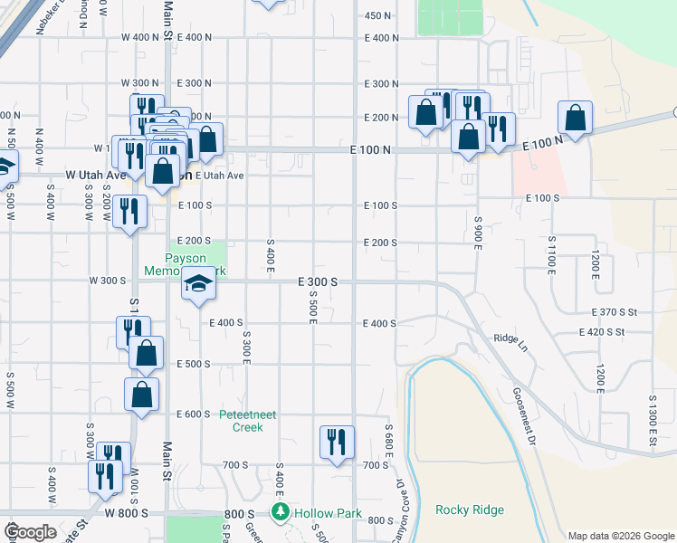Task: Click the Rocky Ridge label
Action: point(469,510)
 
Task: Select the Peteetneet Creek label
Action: point(241,421)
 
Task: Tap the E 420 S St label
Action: point(602,332)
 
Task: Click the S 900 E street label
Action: point(477,234)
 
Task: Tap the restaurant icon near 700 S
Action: point(337,443)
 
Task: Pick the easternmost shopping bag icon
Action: point(575,117)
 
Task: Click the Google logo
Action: point(30,532)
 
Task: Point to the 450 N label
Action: point(377,15)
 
